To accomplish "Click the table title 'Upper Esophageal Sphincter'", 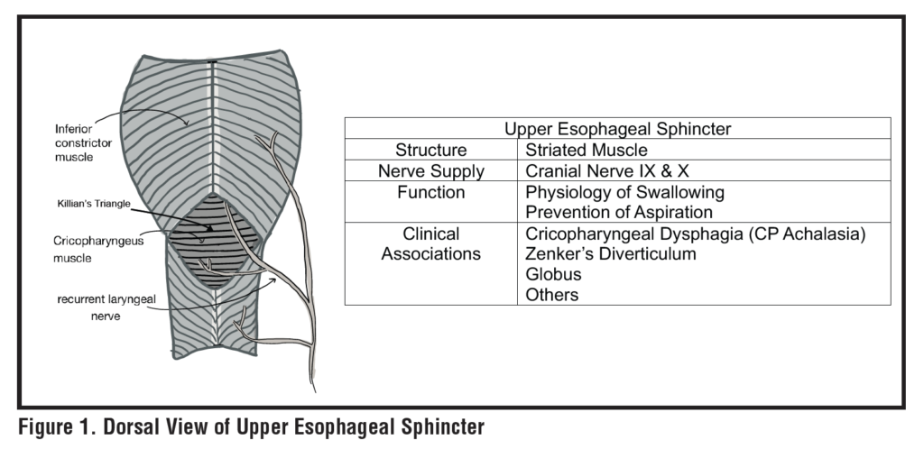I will point(617,129).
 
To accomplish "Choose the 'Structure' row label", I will point(431,150).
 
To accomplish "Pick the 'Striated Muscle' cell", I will point(587,150).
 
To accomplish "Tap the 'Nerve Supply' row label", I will point(431,170).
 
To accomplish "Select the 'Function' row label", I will point(431,192).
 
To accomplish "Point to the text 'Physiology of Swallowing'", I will point(624,192).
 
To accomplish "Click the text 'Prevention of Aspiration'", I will point(619,212).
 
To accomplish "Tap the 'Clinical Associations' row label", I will point(431,243).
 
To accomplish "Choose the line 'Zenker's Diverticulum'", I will point(611,254).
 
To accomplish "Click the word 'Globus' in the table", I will point(553,274).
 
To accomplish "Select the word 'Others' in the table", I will point(551,294).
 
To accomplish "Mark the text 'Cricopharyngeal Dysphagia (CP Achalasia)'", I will point(696,234).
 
